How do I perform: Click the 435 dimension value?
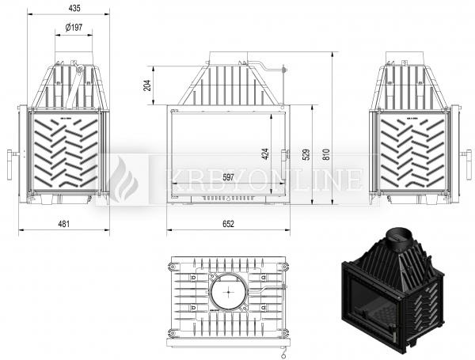tap(74, 8)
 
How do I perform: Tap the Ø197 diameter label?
tap(74, 28)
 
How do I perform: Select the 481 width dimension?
tap(63, 224)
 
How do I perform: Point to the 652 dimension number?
tap(229, 224)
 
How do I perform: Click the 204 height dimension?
tap(147, 85)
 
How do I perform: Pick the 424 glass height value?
tap(265, 153)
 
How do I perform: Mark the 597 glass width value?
tap(229, 177)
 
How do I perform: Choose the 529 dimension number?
tap(306, 154)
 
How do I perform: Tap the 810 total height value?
tap(326, 154)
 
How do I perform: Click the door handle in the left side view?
tap(10, 165)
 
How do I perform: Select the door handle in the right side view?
tap(466, 165)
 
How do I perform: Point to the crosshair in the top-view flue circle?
tap(228, 292)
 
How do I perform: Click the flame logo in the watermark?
tap(123, 180)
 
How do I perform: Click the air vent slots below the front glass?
tap(229, 199)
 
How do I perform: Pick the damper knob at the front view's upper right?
tap(284, 70)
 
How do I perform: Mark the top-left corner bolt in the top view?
tap(173, 267)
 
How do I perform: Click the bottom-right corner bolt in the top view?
tap(284, 333)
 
